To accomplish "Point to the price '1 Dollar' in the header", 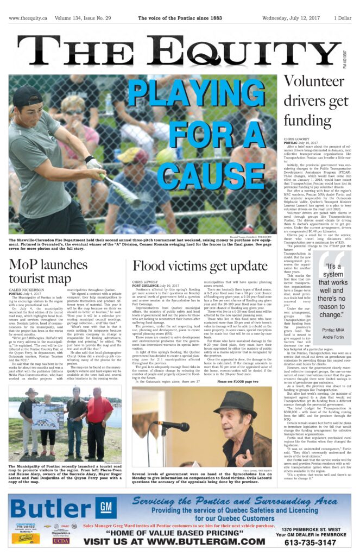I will click(342, 18).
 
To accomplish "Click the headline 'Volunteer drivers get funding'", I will click(316, 107).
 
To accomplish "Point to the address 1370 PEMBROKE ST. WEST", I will click(314, 528).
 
